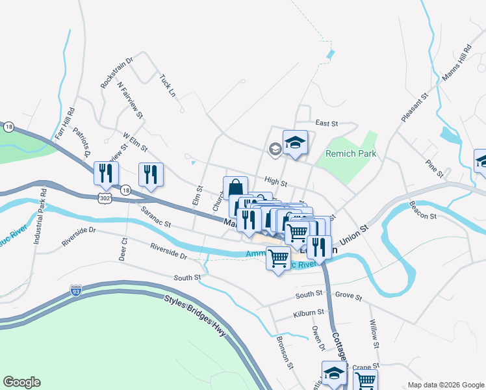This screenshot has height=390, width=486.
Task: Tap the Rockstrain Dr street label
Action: point(116,73)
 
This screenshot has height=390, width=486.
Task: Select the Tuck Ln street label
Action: point(167,85)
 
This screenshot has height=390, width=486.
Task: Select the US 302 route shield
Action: point(107,196)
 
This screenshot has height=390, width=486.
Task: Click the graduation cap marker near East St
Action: point(295,142)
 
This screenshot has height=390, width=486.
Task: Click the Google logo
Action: point(22,382)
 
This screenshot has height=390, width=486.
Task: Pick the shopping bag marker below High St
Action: point(235,188)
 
